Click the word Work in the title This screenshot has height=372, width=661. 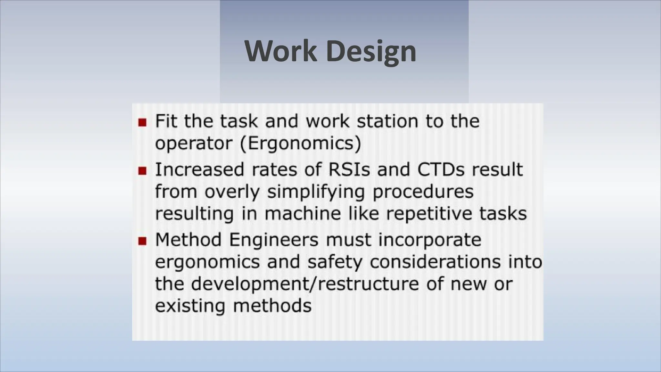click(280, 51)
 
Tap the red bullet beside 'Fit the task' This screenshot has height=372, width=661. click(142, 122)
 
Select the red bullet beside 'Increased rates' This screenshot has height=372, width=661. click(142, 170)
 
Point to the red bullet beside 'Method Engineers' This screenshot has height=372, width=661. click(142, 241)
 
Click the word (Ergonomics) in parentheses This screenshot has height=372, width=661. click(300, 143)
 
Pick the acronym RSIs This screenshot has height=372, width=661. click(349, 170)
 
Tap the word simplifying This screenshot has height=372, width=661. click(316, 192)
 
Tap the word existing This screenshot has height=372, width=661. click(190, 306)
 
